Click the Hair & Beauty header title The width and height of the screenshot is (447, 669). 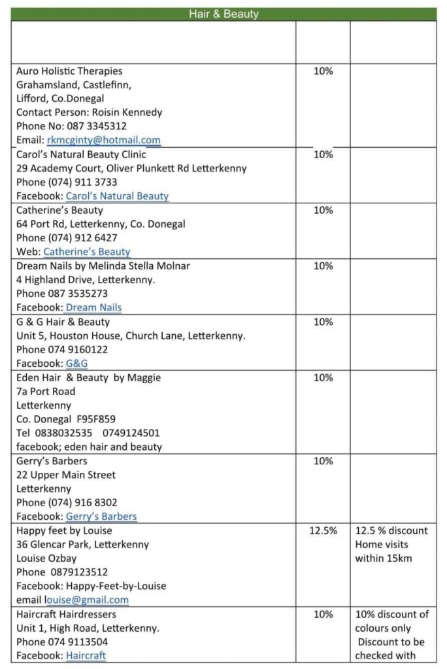click(223, 14)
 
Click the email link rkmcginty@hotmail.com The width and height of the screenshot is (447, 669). click(104, 140)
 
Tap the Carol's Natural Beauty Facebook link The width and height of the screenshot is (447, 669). click(117, 196)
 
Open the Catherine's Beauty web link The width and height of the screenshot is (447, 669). click(87, 252)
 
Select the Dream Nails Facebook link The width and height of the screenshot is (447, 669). click(93, 307)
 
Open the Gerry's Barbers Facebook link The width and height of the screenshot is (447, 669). click(101, 516)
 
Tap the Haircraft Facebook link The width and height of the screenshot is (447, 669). click(86, 655)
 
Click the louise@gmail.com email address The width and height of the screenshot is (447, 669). click(87, 600)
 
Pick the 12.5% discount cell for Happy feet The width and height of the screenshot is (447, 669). click(323, 530)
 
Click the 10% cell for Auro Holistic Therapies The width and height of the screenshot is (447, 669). click(323, 71)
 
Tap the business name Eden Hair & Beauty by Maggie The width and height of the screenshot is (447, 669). click(88, 377)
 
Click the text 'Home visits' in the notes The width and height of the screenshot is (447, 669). click(382, 544)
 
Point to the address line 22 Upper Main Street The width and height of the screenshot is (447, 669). click(65, 475)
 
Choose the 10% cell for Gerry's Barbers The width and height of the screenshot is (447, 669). click(323, 461)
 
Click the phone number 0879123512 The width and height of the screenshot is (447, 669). click(79, 572)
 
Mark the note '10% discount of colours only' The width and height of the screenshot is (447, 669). click(391, 621)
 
